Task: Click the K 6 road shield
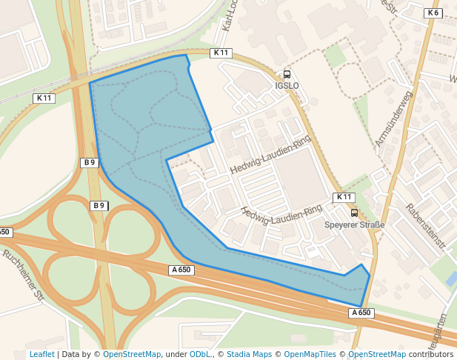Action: pyautogui.click(x=433, y=13)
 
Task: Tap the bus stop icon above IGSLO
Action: pyautogui.click(x=287, y=74)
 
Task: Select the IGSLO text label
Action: pyautogui.click(x=287, y=85)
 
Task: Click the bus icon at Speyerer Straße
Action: pyautogui.click(x=354, y=213)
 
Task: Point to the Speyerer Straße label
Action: pyautogui.click(x=355, y=224)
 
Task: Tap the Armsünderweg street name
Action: pyautogui.click(x=393, y=119)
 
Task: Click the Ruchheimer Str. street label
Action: pyautogui.click(x=24, y=274)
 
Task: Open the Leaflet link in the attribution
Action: pyautogui.click(x=42, y=354)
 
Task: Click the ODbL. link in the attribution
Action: pyautogui.click(x=201, y=354)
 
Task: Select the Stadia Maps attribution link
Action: pyautogui.click(x=249, y=354)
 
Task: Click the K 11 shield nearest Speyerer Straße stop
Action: pyautogui.click(x=344, y=197)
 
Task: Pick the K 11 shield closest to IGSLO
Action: pyautogui.click(x=221, y=53)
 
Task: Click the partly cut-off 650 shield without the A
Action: pyautogui.click(x=5, y=232)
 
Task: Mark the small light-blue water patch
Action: pyautogui.click(x=451, y=279)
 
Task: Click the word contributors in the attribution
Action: pyautogui.click(x=431, y=354)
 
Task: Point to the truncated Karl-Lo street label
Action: pyautogui.click(x=229, y=15)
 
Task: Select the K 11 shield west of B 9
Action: pyautogui.click(x=44, y=98)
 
